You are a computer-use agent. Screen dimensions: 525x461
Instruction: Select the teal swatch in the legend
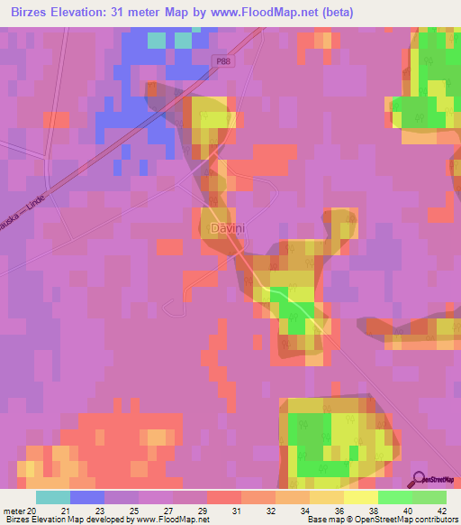pos(52,497)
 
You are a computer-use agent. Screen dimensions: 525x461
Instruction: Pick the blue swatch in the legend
pos(87,497)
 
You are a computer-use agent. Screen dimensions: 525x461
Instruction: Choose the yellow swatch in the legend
pos(360,497)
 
